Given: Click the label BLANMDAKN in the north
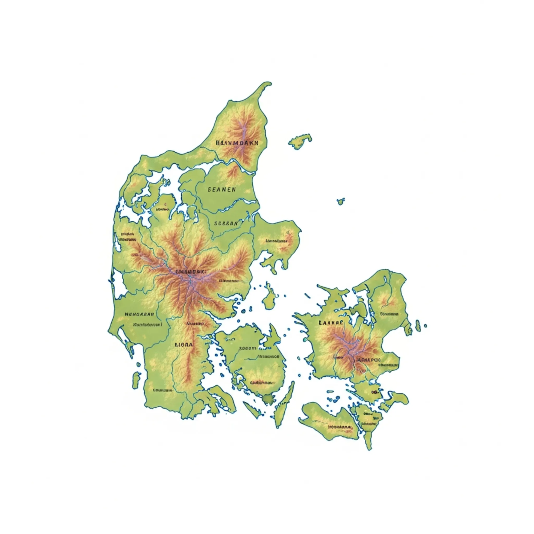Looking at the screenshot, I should click(x=236, y=143).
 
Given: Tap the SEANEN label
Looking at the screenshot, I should click(x=222, y=189).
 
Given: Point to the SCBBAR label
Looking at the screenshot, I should click(x=226, y=223).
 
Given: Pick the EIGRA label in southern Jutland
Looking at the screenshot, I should click(x=183, y=344).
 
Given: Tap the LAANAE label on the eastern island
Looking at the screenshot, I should click(x=332, y=322).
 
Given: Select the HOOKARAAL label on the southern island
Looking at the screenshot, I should click(x=340, y=427).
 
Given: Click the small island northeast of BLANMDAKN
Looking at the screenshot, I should click(x=300, y=141).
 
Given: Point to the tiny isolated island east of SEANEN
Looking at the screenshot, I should click(x=341, y=201).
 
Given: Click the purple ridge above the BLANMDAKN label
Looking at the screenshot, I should click(x=244, y=127).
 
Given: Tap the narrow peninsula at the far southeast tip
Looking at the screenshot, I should click(x=368, y=441).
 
